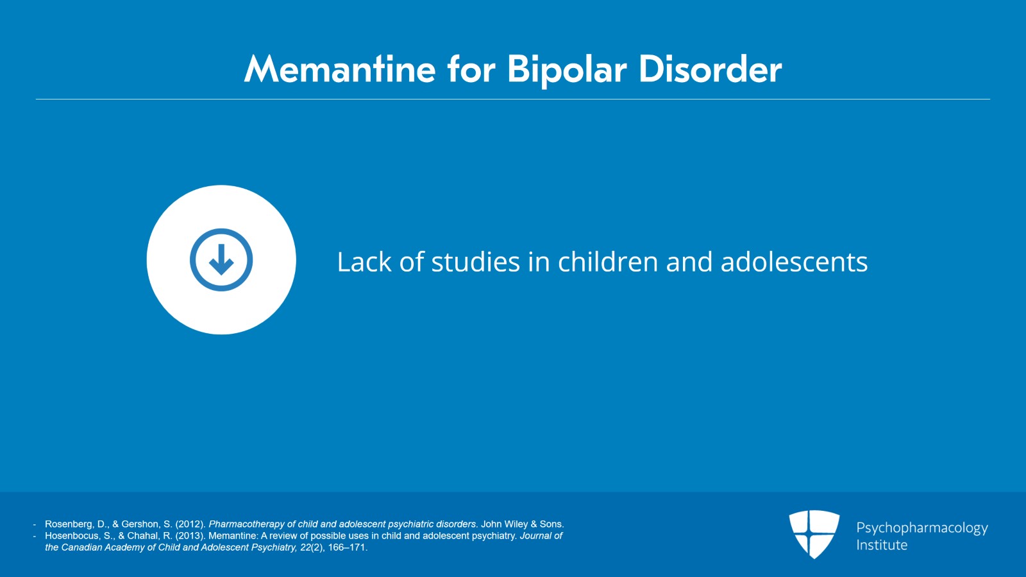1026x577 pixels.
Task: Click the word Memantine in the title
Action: tap(340, 69)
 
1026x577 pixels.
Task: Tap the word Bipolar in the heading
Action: tap(567, 71)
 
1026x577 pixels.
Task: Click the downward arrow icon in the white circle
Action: tap(221, 260)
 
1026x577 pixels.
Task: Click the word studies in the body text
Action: tap(475, 262)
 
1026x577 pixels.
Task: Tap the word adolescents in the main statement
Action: tap(795, 262)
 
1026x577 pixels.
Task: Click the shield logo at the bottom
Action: tap(814, 534)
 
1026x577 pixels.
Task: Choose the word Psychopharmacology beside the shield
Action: tap(922, 528)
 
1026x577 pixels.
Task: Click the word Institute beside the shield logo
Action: tap(882, 545)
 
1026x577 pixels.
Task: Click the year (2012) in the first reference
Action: tap(190, 524)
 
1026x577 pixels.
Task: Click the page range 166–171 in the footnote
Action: tap(348, 547)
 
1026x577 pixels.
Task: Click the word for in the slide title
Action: tap(472, 69)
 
